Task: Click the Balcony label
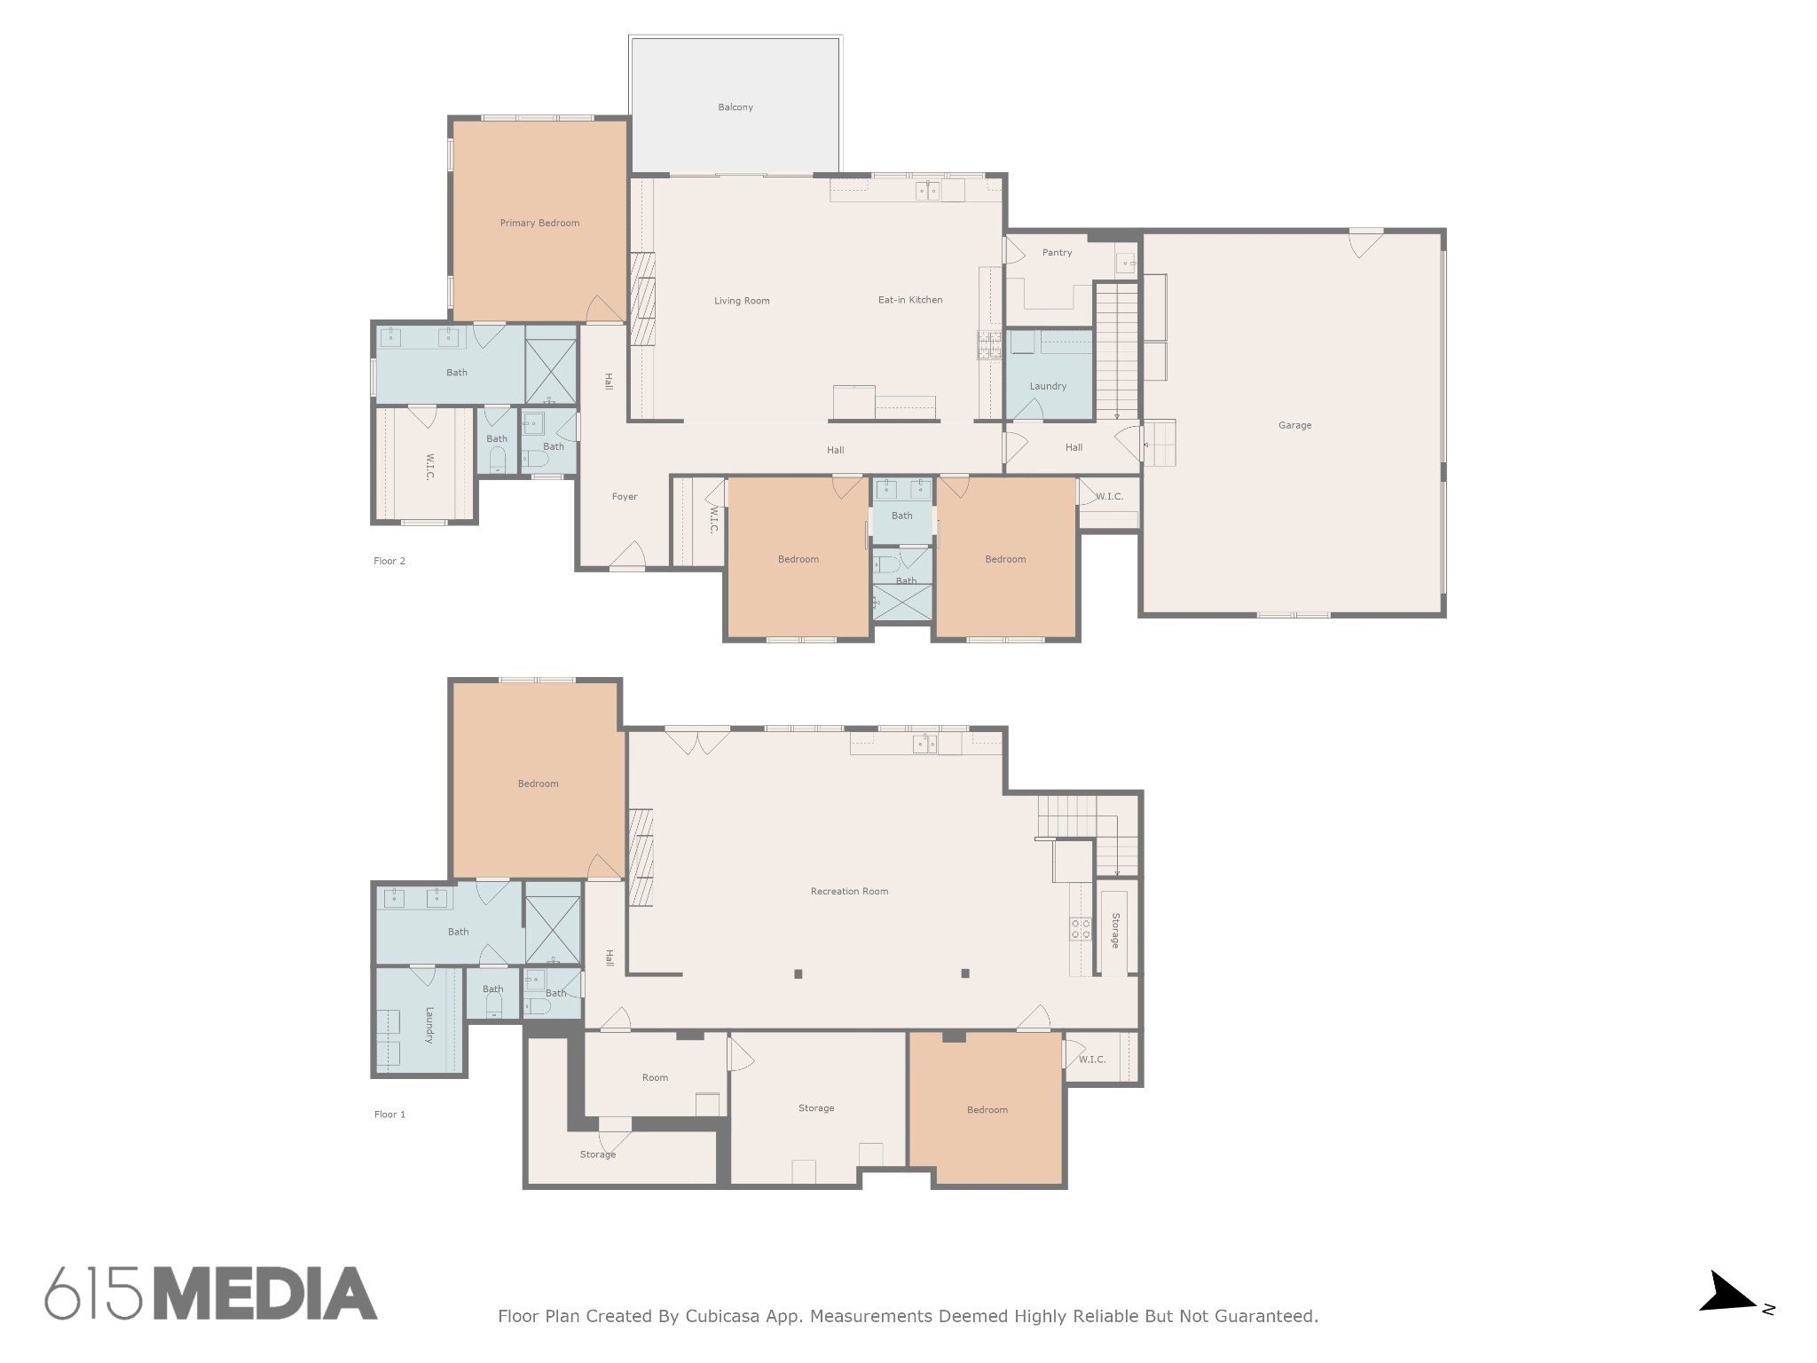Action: coord(735,107)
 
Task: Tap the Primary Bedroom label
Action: coord(539,223)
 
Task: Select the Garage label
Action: coord(1294,425)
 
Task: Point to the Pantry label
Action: coord(1057,253)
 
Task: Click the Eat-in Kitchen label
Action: coord(910,300)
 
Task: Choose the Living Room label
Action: coord(742,301)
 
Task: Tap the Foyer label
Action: coord(625,497)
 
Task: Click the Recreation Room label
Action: coord(849,891)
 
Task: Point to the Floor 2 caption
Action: coord(389,561)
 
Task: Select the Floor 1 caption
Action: coord(389,1115)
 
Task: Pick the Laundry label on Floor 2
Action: coord(1048,386)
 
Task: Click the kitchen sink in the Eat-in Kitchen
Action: coord(928,191)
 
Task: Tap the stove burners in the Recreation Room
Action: coord(1081,928)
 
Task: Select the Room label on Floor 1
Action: coord(655,1078)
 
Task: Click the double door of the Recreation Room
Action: coord(697,742)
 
